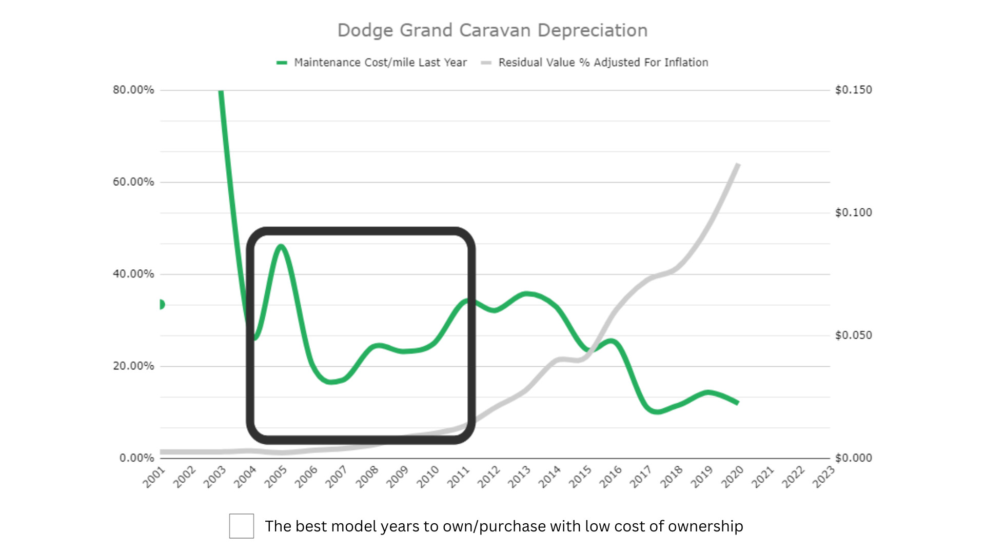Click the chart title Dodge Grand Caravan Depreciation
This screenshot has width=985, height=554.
coord(493,30)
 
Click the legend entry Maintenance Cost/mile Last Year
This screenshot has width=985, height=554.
coord(380,63)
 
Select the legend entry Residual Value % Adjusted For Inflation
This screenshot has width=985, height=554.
coord(603,63)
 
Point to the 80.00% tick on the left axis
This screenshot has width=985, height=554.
coord(133,90)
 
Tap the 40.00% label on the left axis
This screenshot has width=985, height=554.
coord(133,274)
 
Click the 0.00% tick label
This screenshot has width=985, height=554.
coord(136,458)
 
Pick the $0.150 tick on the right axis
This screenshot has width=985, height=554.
coord(854,90)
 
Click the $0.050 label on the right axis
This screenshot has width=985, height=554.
coord(854,335)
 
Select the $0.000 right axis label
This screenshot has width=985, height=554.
coord(854,458)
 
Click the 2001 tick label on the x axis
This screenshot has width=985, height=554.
coord(154,477)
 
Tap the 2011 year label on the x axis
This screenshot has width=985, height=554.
coord(459,477)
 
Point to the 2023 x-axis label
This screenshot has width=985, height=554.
coord(824,477)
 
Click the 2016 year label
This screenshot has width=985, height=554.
coord(610,477)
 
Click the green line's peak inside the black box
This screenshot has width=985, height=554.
coord(280,247)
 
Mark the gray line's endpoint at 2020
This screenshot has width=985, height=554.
coord(738,165)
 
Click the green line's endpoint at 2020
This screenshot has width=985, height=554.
coord(737,403)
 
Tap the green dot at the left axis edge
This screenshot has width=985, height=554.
coord(162,305)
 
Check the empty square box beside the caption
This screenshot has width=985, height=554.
coord(242,526)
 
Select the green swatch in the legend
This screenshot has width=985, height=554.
coord(282,63)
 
